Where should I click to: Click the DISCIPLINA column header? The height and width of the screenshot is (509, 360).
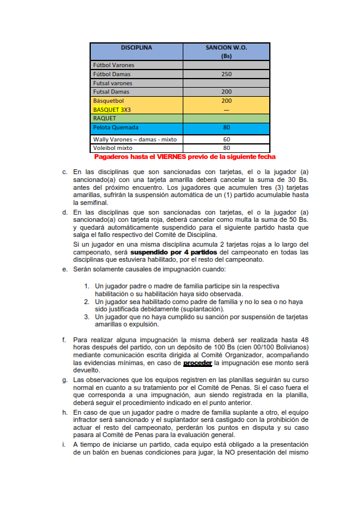click(136, 47)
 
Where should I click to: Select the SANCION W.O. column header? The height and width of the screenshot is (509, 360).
click(226, 47)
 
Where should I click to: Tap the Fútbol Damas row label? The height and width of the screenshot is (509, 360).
click(111, 74)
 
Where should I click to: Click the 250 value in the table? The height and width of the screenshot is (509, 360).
click(226, 74)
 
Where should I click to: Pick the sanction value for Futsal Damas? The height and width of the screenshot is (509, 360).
click(226, 92)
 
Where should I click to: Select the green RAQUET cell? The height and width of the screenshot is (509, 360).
click(104, 118)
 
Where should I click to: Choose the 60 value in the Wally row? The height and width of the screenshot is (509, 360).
click(226, 139)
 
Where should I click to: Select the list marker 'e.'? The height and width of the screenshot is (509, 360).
click(65, 269)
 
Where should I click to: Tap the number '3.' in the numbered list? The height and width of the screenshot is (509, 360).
click(87, 316)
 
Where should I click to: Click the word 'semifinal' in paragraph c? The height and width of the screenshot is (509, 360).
click(87, 203)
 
